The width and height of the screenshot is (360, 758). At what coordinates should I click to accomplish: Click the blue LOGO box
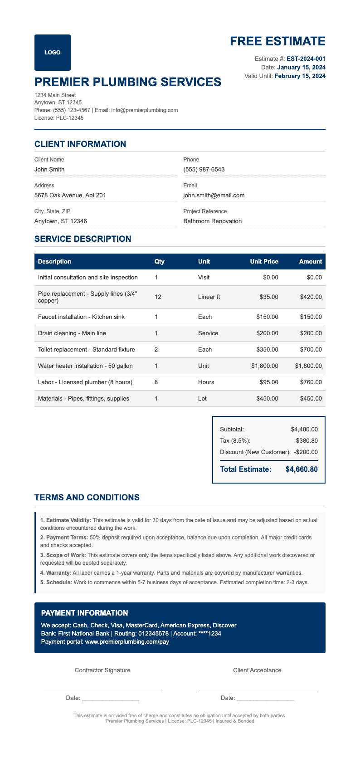[52, 53]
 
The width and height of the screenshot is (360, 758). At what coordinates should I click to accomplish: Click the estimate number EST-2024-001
[306, 59]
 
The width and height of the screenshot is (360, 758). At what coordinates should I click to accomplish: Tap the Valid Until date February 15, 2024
[300, 76]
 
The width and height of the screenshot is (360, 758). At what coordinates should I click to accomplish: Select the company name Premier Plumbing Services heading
[128, 82]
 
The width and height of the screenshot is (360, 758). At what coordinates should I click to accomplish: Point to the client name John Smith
[49, 170]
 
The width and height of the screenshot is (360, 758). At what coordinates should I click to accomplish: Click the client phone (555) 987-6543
[204, 170]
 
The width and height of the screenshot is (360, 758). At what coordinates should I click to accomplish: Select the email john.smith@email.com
[214, 196]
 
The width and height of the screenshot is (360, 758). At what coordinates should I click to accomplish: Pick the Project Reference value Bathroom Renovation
[212, 221]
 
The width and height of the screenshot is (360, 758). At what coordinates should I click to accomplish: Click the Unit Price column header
[264, 262]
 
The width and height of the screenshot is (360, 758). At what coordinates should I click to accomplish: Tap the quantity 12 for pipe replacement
[158, 297]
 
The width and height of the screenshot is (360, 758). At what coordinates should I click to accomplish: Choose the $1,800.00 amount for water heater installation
[308, 366]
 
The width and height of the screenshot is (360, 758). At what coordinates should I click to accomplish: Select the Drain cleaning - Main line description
[72, 333]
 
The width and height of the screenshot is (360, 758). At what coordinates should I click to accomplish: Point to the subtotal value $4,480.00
[304, 429]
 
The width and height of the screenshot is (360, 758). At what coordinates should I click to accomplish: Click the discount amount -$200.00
[306, 452]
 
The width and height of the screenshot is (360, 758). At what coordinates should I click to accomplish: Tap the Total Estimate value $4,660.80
[302, 469]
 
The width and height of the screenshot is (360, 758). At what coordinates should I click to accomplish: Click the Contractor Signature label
[102, 670]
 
